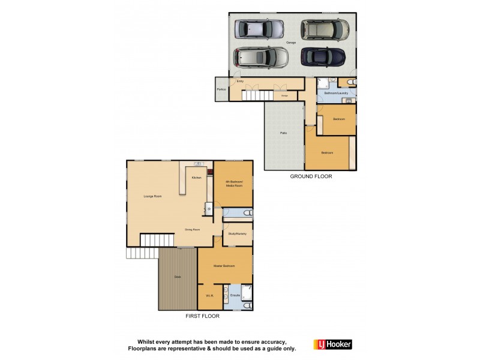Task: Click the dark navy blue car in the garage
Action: pos(323,58)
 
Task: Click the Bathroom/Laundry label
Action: pos(336,93)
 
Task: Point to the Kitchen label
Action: pos(196,178)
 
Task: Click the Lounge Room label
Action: pos(153,196)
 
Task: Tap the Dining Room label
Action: pos(192,229)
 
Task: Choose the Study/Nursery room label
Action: pos(238,233)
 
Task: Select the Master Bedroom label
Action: pos(225,265)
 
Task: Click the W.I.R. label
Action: pos(209,295)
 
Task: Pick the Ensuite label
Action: pos(235,295)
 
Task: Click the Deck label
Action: pos(178,277)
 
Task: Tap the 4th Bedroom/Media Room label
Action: pos(234,184)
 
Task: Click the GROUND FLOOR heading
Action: pos(311,176)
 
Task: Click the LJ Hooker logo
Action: pos(333,344)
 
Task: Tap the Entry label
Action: pos(240,81)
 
